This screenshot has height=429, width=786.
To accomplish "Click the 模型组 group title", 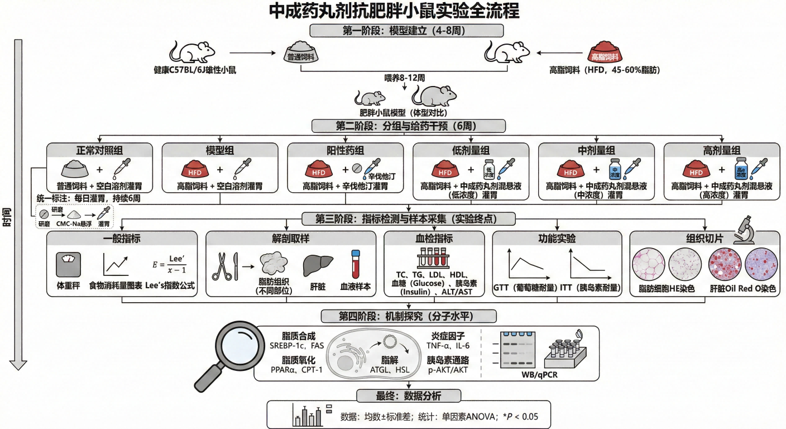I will [x=219, y=150].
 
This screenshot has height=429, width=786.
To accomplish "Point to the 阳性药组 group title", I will [x=345, y=150].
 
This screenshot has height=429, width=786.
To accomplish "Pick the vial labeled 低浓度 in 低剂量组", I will [x=488, y=168].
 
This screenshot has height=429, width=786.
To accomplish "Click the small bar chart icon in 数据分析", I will [x=308, y=415].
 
